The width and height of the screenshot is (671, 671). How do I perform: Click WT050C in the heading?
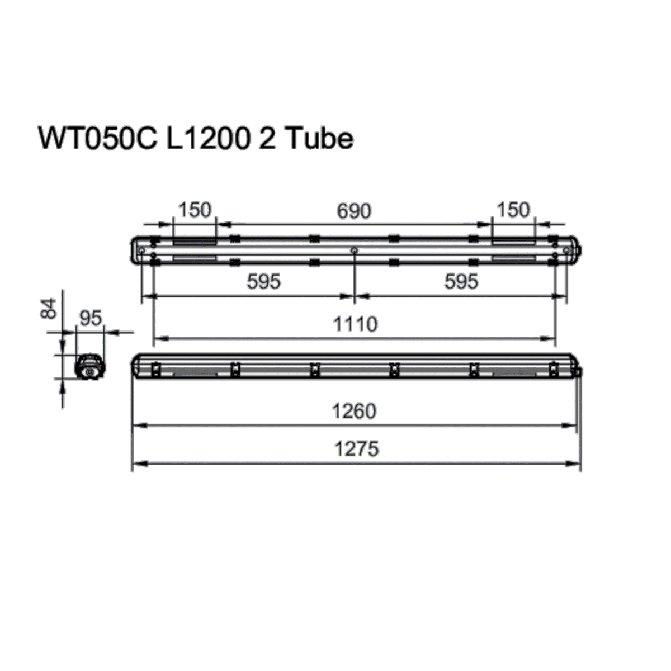(x=96, y=139)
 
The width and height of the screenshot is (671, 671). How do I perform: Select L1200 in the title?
(x=207, y=139)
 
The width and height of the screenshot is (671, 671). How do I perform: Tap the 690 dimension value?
(x=354, y=211)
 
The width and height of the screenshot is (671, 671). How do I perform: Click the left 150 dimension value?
(x=195, y=210)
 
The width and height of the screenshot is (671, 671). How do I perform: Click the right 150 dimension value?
(x=513, y=210)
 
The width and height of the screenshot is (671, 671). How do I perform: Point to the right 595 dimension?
(x=461, y=282)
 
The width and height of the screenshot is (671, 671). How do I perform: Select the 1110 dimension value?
(x=355, y=324)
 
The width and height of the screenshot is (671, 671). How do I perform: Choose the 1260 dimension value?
(x=355, y=412)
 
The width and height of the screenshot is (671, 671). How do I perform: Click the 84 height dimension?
(x=50, y=309)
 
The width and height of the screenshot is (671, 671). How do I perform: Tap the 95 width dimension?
(x=91, y=318)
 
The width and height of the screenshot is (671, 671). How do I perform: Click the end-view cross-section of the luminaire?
(x=89, y=367)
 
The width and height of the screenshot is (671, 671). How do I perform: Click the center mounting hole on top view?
(x=354, y=251)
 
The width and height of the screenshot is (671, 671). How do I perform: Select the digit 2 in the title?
(x=267, y=139)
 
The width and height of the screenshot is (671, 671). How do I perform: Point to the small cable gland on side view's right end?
(x=579, y=372)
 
